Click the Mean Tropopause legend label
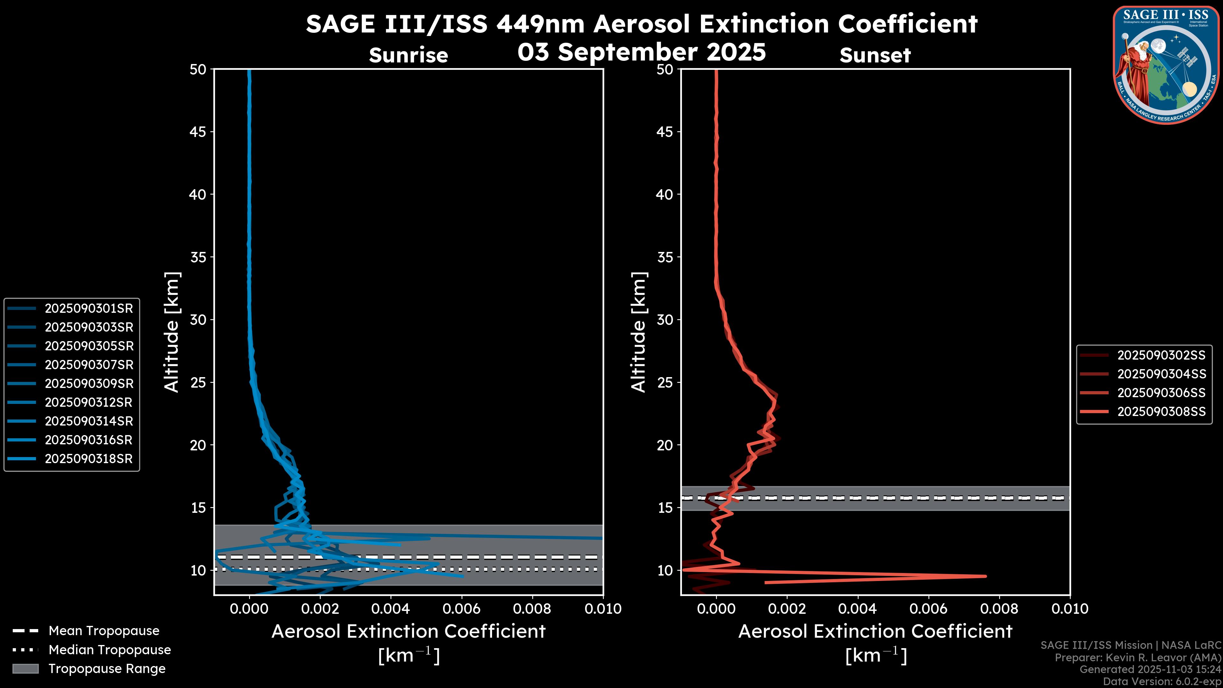pos(104,631)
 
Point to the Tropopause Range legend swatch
pos(25,669)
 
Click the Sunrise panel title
pos(408,55)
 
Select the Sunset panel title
pos(875,55)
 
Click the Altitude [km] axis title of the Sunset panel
pos(639,332)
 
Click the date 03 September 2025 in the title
pos(641,52)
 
